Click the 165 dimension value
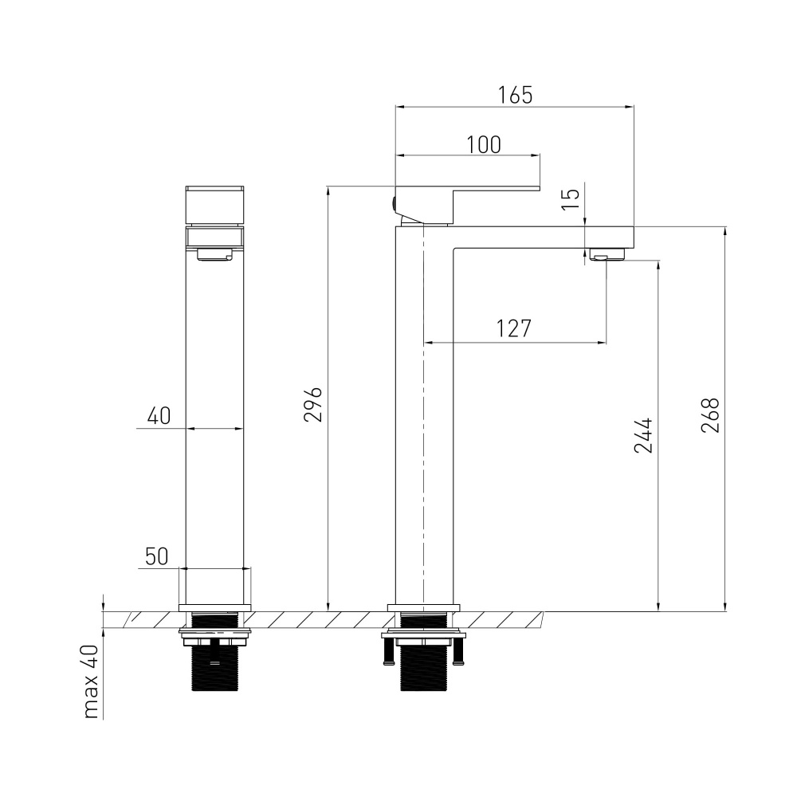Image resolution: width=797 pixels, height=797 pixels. pos(515,95)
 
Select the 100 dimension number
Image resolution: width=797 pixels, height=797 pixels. pos(484,144)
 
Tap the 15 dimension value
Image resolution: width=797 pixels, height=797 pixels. pos(571,198)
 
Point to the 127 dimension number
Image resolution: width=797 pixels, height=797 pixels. pos(514,328)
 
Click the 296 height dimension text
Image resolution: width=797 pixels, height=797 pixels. pos(313,405)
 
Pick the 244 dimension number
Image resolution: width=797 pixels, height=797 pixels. pos(643,436)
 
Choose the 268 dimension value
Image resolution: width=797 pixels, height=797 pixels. pos(710,415)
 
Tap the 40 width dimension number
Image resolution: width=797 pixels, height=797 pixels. pos(159,416)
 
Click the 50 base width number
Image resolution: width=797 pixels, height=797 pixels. pos(156,556)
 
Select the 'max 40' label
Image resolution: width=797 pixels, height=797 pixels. pos(91,681)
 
